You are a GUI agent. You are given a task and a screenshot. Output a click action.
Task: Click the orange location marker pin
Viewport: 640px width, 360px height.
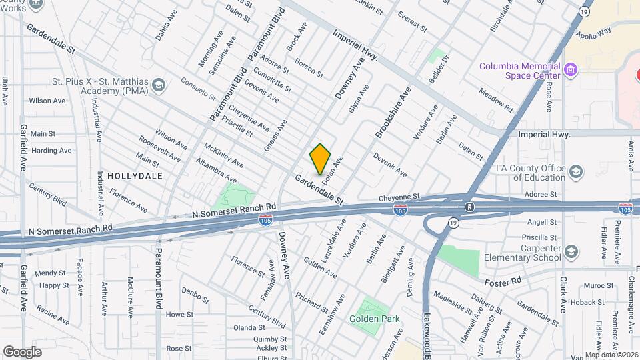click(320, 159)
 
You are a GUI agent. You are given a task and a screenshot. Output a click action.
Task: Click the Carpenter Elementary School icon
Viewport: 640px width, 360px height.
click(571, 251)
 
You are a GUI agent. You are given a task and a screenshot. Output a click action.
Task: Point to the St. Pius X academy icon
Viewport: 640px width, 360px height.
click(159, 85)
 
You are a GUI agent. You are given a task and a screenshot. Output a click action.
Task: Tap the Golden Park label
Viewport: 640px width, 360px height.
click(375, 319)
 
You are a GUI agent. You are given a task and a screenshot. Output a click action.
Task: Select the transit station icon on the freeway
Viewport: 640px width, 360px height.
click(470, 207)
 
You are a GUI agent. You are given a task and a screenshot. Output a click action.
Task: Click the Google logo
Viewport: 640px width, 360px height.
click(22, 351)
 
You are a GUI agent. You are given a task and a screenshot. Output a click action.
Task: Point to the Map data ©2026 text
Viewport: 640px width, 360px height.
click(611, 355)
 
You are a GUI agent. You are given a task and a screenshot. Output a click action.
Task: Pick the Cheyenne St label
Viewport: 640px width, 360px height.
click(398, 197)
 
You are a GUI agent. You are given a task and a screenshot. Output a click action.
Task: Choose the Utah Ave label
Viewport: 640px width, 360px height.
click(5, 91)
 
